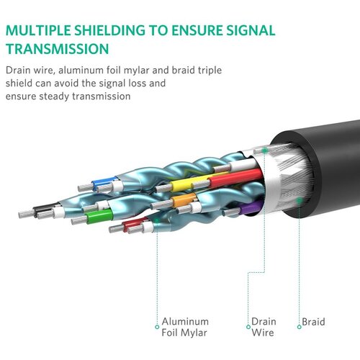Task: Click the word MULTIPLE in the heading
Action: coord(38,31)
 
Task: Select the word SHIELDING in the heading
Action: coord(109,31)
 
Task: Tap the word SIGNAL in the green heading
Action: coord(251,31)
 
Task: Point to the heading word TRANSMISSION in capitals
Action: coord(58,49)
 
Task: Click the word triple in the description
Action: coord(210,71)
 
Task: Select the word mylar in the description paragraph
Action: coord(135,71)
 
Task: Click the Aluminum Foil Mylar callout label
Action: coord(185,327)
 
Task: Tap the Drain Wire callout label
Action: coord(264,327)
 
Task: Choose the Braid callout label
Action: coord(313,322)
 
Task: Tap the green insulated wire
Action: coord(99,216)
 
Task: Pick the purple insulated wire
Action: coord(251,207)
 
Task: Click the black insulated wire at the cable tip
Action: coord(45,208)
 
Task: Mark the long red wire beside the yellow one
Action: coord(236,179)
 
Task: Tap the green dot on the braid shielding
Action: coord(299,200)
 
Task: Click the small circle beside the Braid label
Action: coord(299,327)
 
